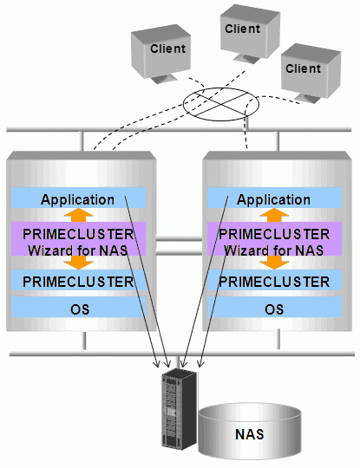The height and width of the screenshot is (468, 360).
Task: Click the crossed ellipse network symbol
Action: click(x=221, y=104)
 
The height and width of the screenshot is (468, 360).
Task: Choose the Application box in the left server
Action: click(x=78, y=198)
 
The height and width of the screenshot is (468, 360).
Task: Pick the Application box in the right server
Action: click(x=274, y=198)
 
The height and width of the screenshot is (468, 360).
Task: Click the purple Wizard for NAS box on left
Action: click(x=78, y=239)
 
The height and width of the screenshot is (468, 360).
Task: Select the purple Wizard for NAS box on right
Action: click(x=274, y=239)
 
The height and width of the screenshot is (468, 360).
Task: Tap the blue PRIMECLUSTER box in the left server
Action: click(x=78, y=280)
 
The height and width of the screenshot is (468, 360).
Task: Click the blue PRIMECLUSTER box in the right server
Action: click(x=274, y=280)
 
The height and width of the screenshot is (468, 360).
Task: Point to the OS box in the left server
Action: click(x=78, y=307)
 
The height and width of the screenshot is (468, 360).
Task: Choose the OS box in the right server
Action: click(x=274, y=307)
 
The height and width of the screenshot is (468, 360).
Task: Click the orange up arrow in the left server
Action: click(x=79, y=215)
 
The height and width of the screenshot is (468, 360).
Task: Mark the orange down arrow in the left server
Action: click(x=79, y=263)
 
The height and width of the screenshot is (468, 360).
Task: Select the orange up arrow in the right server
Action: click(x=274, y=215)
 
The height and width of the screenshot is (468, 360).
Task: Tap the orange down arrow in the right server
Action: click(x=274, y=263)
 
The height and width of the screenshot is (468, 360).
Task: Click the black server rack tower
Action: click(x=180, y=409)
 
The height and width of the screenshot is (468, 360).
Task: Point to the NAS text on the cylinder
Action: click(x=250, y=434)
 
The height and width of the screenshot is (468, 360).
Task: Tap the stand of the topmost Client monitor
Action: click(x=245, y=59)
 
